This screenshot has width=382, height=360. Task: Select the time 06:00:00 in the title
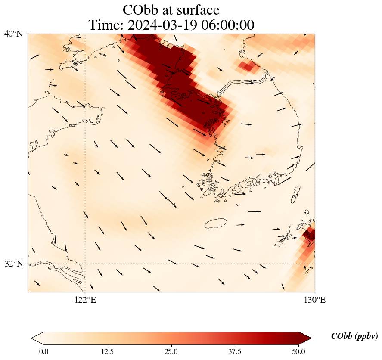tap(224, 25)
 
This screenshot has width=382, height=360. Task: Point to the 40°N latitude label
tap(14, 34)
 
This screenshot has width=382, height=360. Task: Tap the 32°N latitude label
tap(14, 264)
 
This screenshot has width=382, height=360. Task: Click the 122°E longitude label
tap(85, 300)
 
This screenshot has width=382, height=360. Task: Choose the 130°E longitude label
tap(315, 300)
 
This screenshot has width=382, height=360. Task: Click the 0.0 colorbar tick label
tap(43, 351)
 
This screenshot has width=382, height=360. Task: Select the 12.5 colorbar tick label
tap(107, 351)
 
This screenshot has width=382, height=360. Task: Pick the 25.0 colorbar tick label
tap(171, 351)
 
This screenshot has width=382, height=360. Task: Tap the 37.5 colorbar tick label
tap(235, 351)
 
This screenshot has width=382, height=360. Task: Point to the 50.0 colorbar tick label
tap(298, 351)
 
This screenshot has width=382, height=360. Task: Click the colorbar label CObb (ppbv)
tap(354, 336)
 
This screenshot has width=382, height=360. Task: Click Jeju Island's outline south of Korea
tap(216, 223)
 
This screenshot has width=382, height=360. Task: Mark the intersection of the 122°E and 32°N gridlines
tap(85, 264)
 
